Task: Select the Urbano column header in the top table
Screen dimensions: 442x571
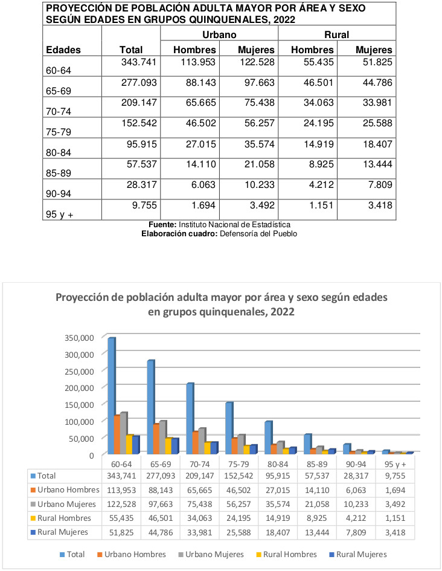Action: (219, 34)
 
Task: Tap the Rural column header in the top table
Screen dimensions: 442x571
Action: (336, 34)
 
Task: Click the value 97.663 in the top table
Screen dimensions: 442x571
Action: (260, 83)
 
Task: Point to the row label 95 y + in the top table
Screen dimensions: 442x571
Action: (59, 215)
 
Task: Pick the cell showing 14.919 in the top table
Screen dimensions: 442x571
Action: (319, 144)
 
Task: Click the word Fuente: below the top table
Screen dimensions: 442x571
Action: (162, 225)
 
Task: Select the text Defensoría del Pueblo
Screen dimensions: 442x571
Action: (258, 234)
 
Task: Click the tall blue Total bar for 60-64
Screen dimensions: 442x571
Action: (111, 396)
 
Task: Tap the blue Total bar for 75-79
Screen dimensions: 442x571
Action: (229, 428)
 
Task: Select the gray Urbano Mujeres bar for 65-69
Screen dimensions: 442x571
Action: (162, 437)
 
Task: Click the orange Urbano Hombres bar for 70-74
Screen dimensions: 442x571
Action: (196, 442)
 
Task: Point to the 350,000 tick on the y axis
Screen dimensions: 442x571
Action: (79, 338)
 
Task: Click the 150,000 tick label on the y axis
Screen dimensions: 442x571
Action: (79, 405)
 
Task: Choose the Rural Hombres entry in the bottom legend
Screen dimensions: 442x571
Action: (286, 554)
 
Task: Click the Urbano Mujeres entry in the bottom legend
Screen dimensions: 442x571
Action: (211, 554)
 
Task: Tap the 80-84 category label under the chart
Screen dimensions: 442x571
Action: (278, 464)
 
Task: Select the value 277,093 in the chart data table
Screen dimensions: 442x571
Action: (161, 476)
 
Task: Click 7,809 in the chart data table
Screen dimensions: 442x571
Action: (356, 532)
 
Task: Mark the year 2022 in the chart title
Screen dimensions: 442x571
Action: (283, 312)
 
